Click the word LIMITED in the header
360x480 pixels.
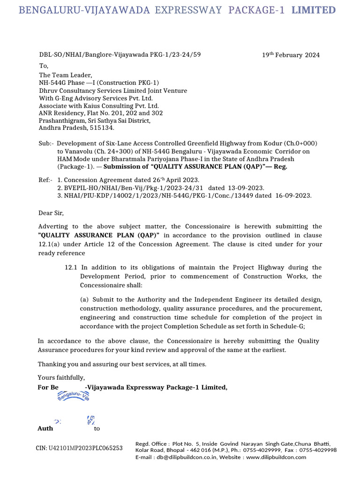click(313, 10)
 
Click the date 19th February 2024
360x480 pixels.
click(291, 55)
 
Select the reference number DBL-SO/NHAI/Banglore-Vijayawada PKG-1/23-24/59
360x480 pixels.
click(120, 54)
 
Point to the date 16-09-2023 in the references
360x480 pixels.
click(293, 195)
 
